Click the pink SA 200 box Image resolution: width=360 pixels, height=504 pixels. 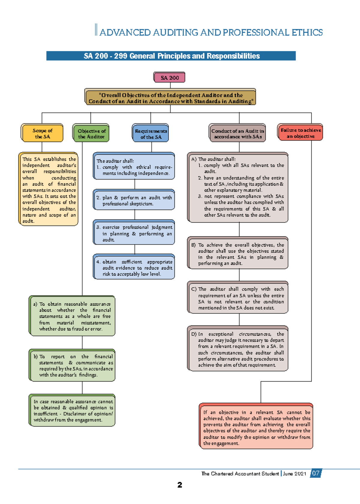[x=169, y=78]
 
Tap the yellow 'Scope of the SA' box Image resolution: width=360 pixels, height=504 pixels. [x=42, y=133]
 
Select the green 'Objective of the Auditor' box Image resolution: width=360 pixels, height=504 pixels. [x=91, y=133]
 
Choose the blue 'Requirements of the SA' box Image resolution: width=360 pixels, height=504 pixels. [x=151, y=134]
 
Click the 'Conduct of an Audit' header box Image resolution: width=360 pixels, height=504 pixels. [x=238, y=133]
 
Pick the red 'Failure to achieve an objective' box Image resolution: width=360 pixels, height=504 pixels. [x=301, y=133]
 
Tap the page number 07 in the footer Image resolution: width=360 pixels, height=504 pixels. [x=316, y=473]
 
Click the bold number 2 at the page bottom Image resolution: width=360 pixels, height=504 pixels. [x=180, y=485]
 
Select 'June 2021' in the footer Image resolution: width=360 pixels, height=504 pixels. [x=294, y=474]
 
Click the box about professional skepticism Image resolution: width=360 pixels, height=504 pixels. [x=134, y=200]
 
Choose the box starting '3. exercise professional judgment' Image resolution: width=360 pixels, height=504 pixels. [x=134, y=233]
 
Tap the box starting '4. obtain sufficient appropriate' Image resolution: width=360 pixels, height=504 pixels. [x=134, y=268]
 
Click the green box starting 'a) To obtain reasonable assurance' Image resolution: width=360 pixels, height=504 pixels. [x=72, y=316]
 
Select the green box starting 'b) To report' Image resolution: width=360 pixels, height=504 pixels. [x=72, y=365]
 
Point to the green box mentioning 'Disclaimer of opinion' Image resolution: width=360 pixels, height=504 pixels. [x=72, y=410]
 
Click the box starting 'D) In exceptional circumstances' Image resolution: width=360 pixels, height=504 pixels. [x=238, y=349]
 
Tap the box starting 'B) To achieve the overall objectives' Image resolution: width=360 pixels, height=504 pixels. [x=238, y=254]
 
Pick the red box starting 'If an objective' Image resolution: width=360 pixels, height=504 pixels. [x=256, y=427]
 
